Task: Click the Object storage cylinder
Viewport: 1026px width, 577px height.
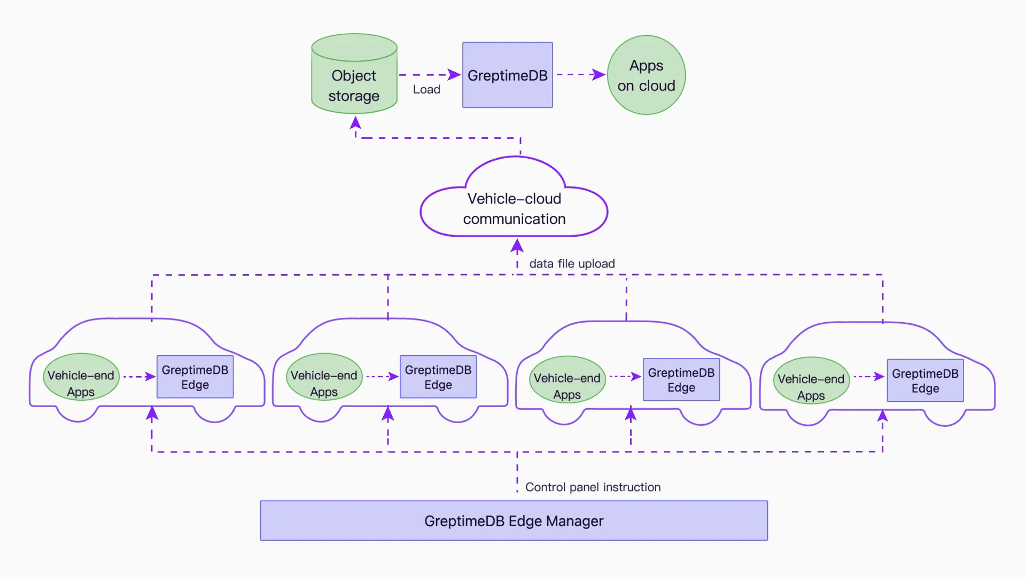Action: [354, 80]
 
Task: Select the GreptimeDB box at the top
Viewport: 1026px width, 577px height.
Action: [507, 75]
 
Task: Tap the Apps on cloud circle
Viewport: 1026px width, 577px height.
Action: [646, 75]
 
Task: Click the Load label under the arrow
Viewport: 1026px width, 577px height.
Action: [426, 90]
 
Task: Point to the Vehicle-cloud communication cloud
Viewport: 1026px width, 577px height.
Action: [514, 208]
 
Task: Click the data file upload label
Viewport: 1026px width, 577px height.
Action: [572, 264]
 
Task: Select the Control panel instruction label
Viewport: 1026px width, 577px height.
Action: [593, 487]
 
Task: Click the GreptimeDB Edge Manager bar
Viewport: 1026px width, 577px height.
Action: [514, 521]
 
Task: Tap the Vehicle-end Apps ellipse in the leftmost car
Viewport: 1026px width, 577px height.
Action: [81, 377]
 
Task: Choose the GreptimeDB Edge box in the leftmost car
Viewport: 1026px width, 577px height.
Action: [195, 377]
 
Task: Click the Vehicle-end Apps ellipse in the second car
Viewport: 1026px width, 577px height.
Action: [324, 377]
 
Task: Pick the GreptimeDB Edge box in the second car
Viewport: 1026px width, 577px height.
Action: [438, 377]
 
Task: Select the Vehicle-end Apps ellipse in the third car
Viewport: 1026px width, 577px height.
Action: [567, 380]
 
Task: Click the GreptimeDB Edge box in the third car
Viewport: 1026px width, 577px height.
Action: [681, 380]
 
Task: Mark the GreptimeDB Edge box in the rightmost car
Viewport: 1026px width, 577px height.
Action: [925, 381]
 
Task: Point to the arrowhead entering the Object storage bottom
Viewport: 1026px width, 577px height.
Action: [355, 123]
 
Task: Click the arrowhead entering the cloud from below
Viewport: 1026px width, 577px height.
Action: [517, 246]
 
